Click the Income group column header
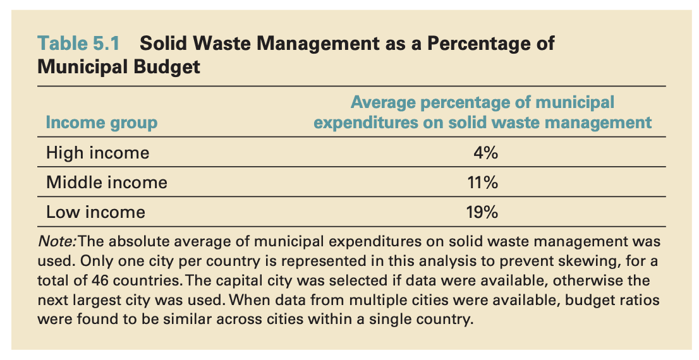(x=101, y=123)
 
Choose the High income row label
(x=97, y=153)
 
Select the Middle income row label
(x=106, y=183)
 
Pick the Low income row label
(x=95, y=212)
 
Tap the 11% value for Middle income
(x=482, y=183)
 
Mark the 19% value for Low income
(x=482, y=212)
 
